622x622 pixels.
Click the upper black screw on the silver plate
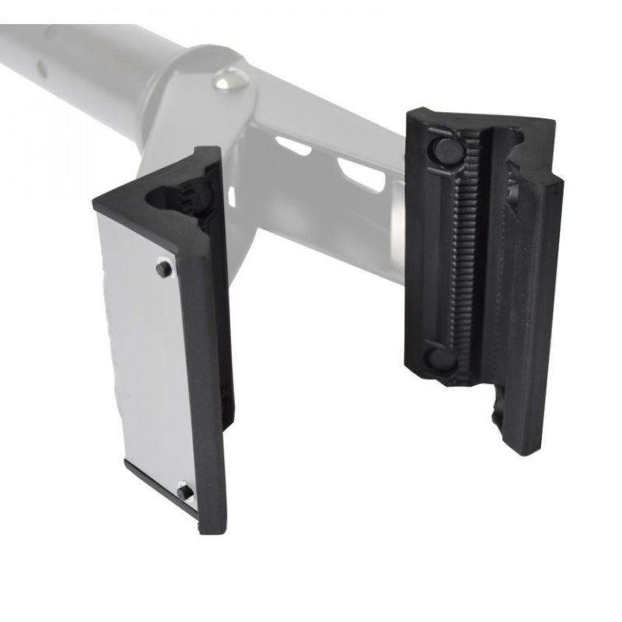[x=163, y=269]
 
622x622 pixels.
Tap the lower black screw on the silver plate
[x=184, y=491]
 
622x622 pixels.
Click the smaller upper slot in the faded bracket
[x=294, y=145]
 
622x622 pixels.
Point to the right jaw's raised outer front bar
[x=536, y=311]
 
